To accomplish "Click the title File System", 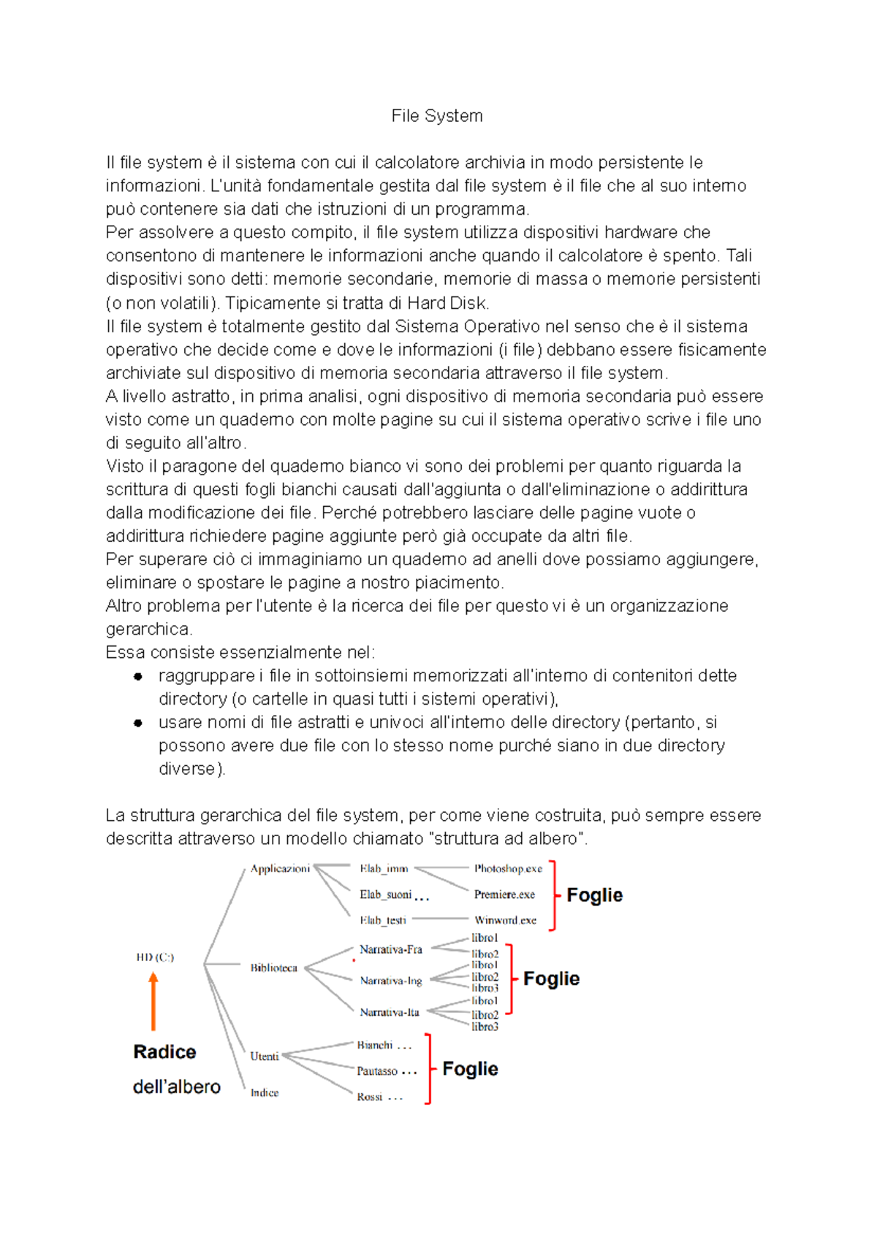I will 437,116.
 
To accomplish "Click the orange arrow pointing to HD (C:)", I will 153,1000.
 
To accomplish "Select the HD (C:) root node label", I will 155,957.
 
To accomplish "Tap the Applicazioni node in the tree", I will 280,868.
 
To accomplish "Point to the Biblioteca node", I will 273,968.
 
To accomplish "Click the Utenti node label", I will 264,1056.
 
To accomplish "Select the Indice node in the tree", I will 264,1092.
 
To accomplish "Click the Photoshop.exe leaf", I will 508,868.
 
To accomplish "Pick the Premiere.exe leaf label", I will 504,895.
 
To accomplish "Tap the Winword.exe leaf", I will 505,920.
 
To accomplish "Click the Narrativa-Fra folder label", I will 390,949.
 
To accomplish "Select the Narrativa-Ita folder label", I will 389,1012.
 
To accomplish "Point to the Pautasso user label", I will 377,1071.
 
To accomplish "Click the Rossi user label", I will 370,1097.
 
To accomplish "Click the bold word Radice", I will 164,1052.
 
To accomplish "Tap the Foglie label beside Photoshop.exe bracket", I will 594,895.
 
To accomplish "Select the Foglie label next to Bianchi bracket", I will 470,1069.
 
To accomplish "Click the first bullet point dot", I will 137,676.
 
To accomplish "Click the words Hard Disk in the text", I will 447,303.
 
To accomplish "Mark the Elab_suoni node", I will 385,895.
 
